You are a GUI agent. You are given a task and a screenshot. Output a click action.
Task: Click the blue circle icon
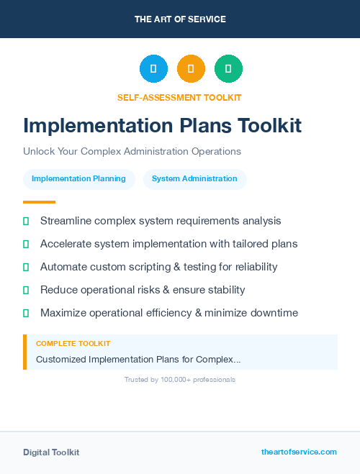[x=153, y=69]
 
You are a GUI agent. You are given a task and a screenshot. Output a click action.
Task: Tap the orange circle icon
[x=191, y=69]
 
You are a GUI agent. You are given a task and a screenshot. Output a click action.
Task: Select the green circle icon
[x=228, y=69]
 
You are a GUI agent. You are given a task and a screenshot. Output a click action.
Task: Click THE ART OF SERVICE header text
[x=180, y=19]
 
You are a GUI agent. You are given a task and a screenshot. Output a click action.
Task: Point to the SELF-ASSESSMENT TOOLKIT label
[x=179, y=97]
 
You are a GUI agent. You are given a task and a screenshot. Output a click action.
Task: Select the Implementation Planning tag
[x=78, y=179]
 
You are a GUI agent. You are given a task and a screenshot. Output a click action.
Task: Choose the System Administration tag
[x=194, y=179]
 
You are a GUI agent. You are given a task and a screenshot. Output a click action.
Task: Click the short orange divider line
[x=39, y=202]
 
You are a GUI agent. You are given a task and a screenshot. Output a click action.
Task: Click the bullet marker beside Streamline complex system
[x=26, y=221]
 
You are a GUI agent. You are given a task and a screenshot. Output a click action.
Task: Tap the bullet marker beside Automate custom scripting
[x=26, y=267]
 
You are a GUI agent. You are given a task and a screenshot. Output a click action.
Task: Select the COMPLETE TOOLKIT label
[x=73, y=344]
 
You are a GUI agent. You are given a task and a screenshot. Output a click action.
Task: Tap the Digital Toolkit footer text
[x=51, y=452]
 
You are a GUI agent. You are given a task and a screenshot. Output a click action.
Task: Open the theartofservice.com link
[x=299, y=452]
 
